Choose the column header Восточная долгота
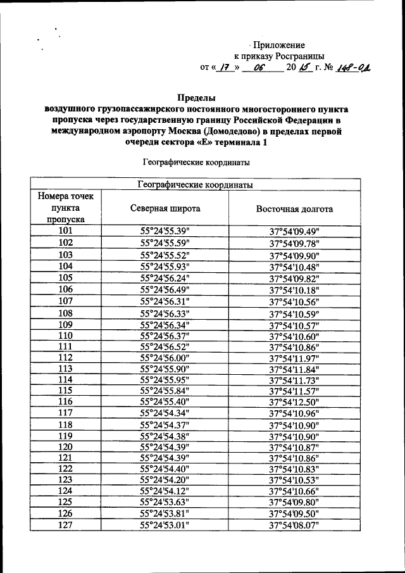[294, 208]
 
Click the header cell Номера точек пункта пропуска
[66, 208]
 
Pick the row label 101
[66, 232]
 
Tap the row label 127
[66, 525]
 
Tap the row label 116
[66, 401]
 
